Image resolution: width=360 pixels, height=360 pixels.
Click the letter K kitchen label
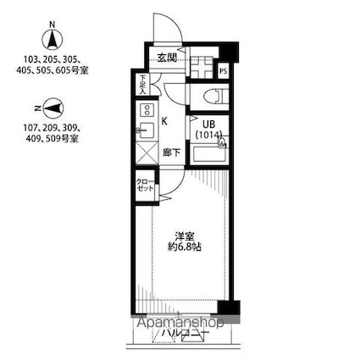pos(164,121)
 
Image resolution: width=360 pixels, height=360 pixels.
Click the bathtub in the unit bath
pos(207,156)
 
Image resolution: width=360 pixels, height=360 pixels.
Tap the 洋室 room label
pos(186,235)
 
